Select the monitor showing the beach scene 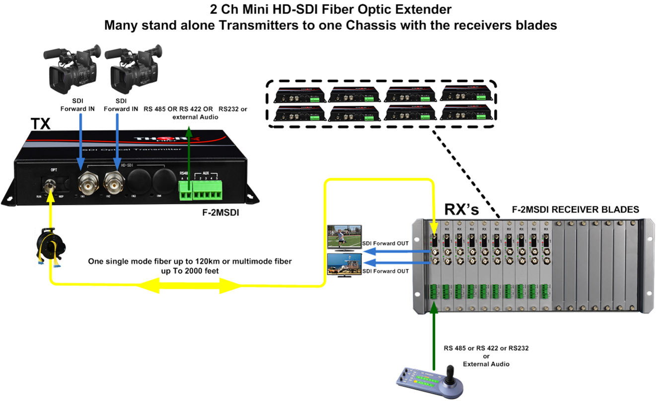[344, 265]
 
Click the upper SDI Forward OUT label [386, 244]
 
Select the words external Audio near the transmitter [195, 117]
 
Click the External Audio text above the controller [486, 364]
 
